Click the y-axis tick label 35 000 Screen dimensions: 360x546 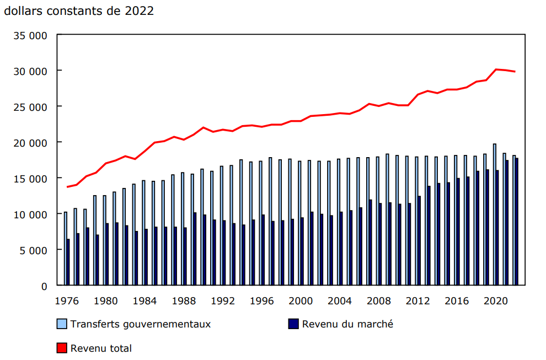(x=31, y=35)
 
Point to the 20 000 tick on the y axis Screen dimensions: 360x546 (x=31, y=142)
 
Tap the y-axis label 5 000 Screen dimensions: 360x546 (x=34, y=250)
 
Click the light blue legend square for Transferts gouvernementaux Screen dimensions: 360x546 (x=62, y=324)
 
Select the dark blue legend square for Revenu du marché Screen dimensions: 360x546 (x=293, y=324)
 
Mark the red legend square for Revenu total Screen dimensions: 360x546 (x=62, y=348)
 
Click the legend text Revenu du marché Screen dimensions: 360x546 (x=347, y=324)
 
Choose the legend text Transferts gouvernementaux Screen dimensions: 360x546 (x=141, y=324)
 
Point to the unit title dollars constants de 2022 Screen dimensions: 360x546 (x=79, y=11)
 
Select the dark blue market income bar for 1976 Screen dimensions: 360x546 (x=68, y=262)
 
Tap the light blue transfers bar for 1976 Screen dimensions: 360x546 (x=66, y=249)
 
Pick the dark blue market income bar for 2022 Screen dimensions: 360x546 (x=517, y=222)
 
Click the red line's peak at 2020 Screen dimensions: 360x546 (x=496, y=69)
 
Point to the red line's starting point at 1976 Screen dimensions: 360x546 (x=67, y=187)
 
